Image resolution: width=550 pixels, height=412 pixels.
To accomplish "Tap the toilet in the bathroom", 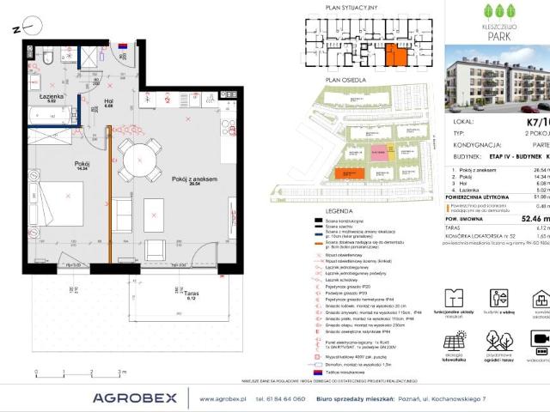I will pos(51,58).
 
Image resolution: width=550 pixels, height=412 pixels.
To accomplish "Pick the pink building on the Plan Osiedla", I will pos(378,152).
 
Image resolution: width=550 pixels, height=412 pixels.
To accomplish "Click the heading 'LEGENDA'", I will pos(325,210).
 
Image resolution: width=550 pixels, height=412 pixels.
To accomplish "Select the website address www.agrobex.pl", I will pos(224,398).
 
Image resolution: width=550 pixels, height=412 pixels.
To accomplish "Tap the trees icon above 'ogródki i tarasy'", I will pos(498,341).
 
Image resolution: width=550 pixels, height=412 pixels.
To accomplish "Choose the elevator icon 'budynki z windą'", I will pos(498,298).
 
